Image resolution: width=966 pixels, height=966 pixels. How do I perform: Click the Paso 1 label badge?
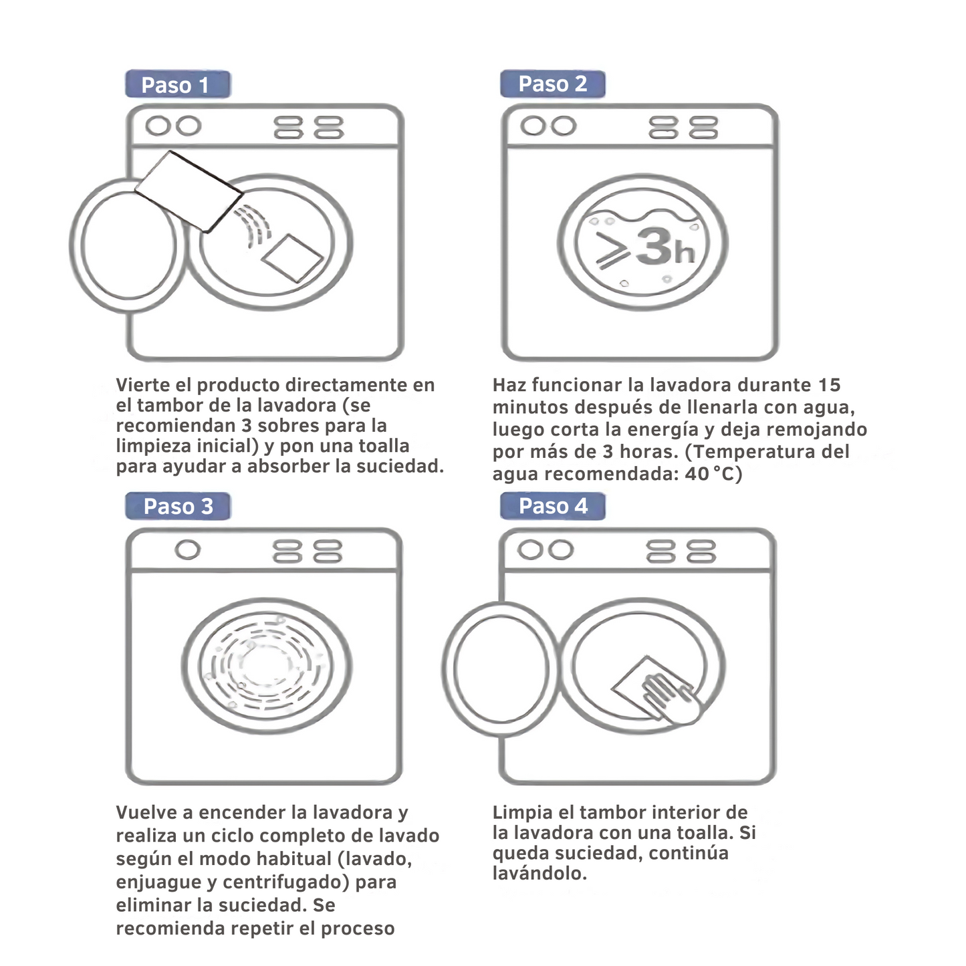coord(178,84)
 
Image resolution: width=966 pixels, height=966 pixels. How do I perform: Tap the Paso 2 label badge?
coord(552,84)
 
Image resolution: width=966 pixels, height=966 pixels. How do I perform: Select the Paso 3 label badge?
coord(178,506)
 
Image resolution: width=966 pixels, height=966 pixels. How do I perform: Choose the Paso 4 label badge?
coord(552,506)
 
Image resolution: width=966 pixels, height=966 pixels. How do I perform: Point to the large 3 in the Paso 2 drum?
coord(655,246)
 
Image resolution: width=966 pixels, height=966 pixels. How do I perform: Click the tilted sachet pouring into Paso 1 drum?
coord(189,191)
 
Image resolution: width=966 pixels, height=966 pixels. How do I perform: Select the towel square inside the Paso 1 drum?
coord(292,257)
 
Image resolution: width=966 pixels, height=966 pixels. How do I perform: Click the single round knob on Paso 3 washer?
coord(187,550)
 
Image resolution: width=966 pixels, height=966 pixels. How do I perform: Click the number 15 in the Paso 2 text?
coord(829,385)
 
